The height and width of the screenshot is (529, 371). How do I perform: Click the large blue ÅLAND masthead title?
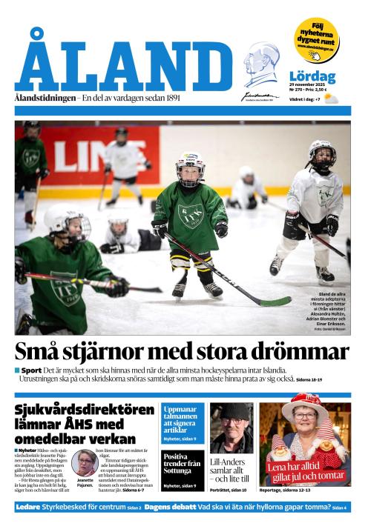pyautogui.click(x=123, y=64)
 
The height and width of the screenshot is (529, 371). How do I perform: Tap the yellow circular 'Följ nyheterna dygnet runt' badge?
pyautogui.click(x=315, y=39)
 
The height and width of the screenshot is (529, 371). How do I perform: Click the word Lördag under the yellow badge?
pyautogui.click(x=312, y=76)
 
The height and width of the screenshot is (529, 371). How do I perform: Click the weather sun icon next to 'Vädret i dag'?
pyautogui.click(x=330, y=99)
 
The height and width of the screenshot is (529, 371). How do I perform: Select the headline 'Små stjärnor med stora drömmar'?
pyautogui.click(x=183, y=350)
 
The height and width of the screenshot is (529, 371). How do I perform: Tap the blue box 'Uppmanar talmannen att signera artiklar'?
pyautogui.click(x=182, y=419)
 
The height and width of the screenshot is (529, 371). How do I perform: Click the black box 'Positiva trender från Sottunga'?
pyautogui.click(x=182, y=465)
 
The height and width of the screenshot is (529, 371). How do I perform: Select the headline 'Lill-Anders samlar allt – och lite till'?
pyautogui.click(x=232, y=470)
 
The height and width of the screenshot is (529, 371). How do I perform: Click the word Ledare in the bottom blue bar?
pyautogui.click(x=30, y=507)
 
